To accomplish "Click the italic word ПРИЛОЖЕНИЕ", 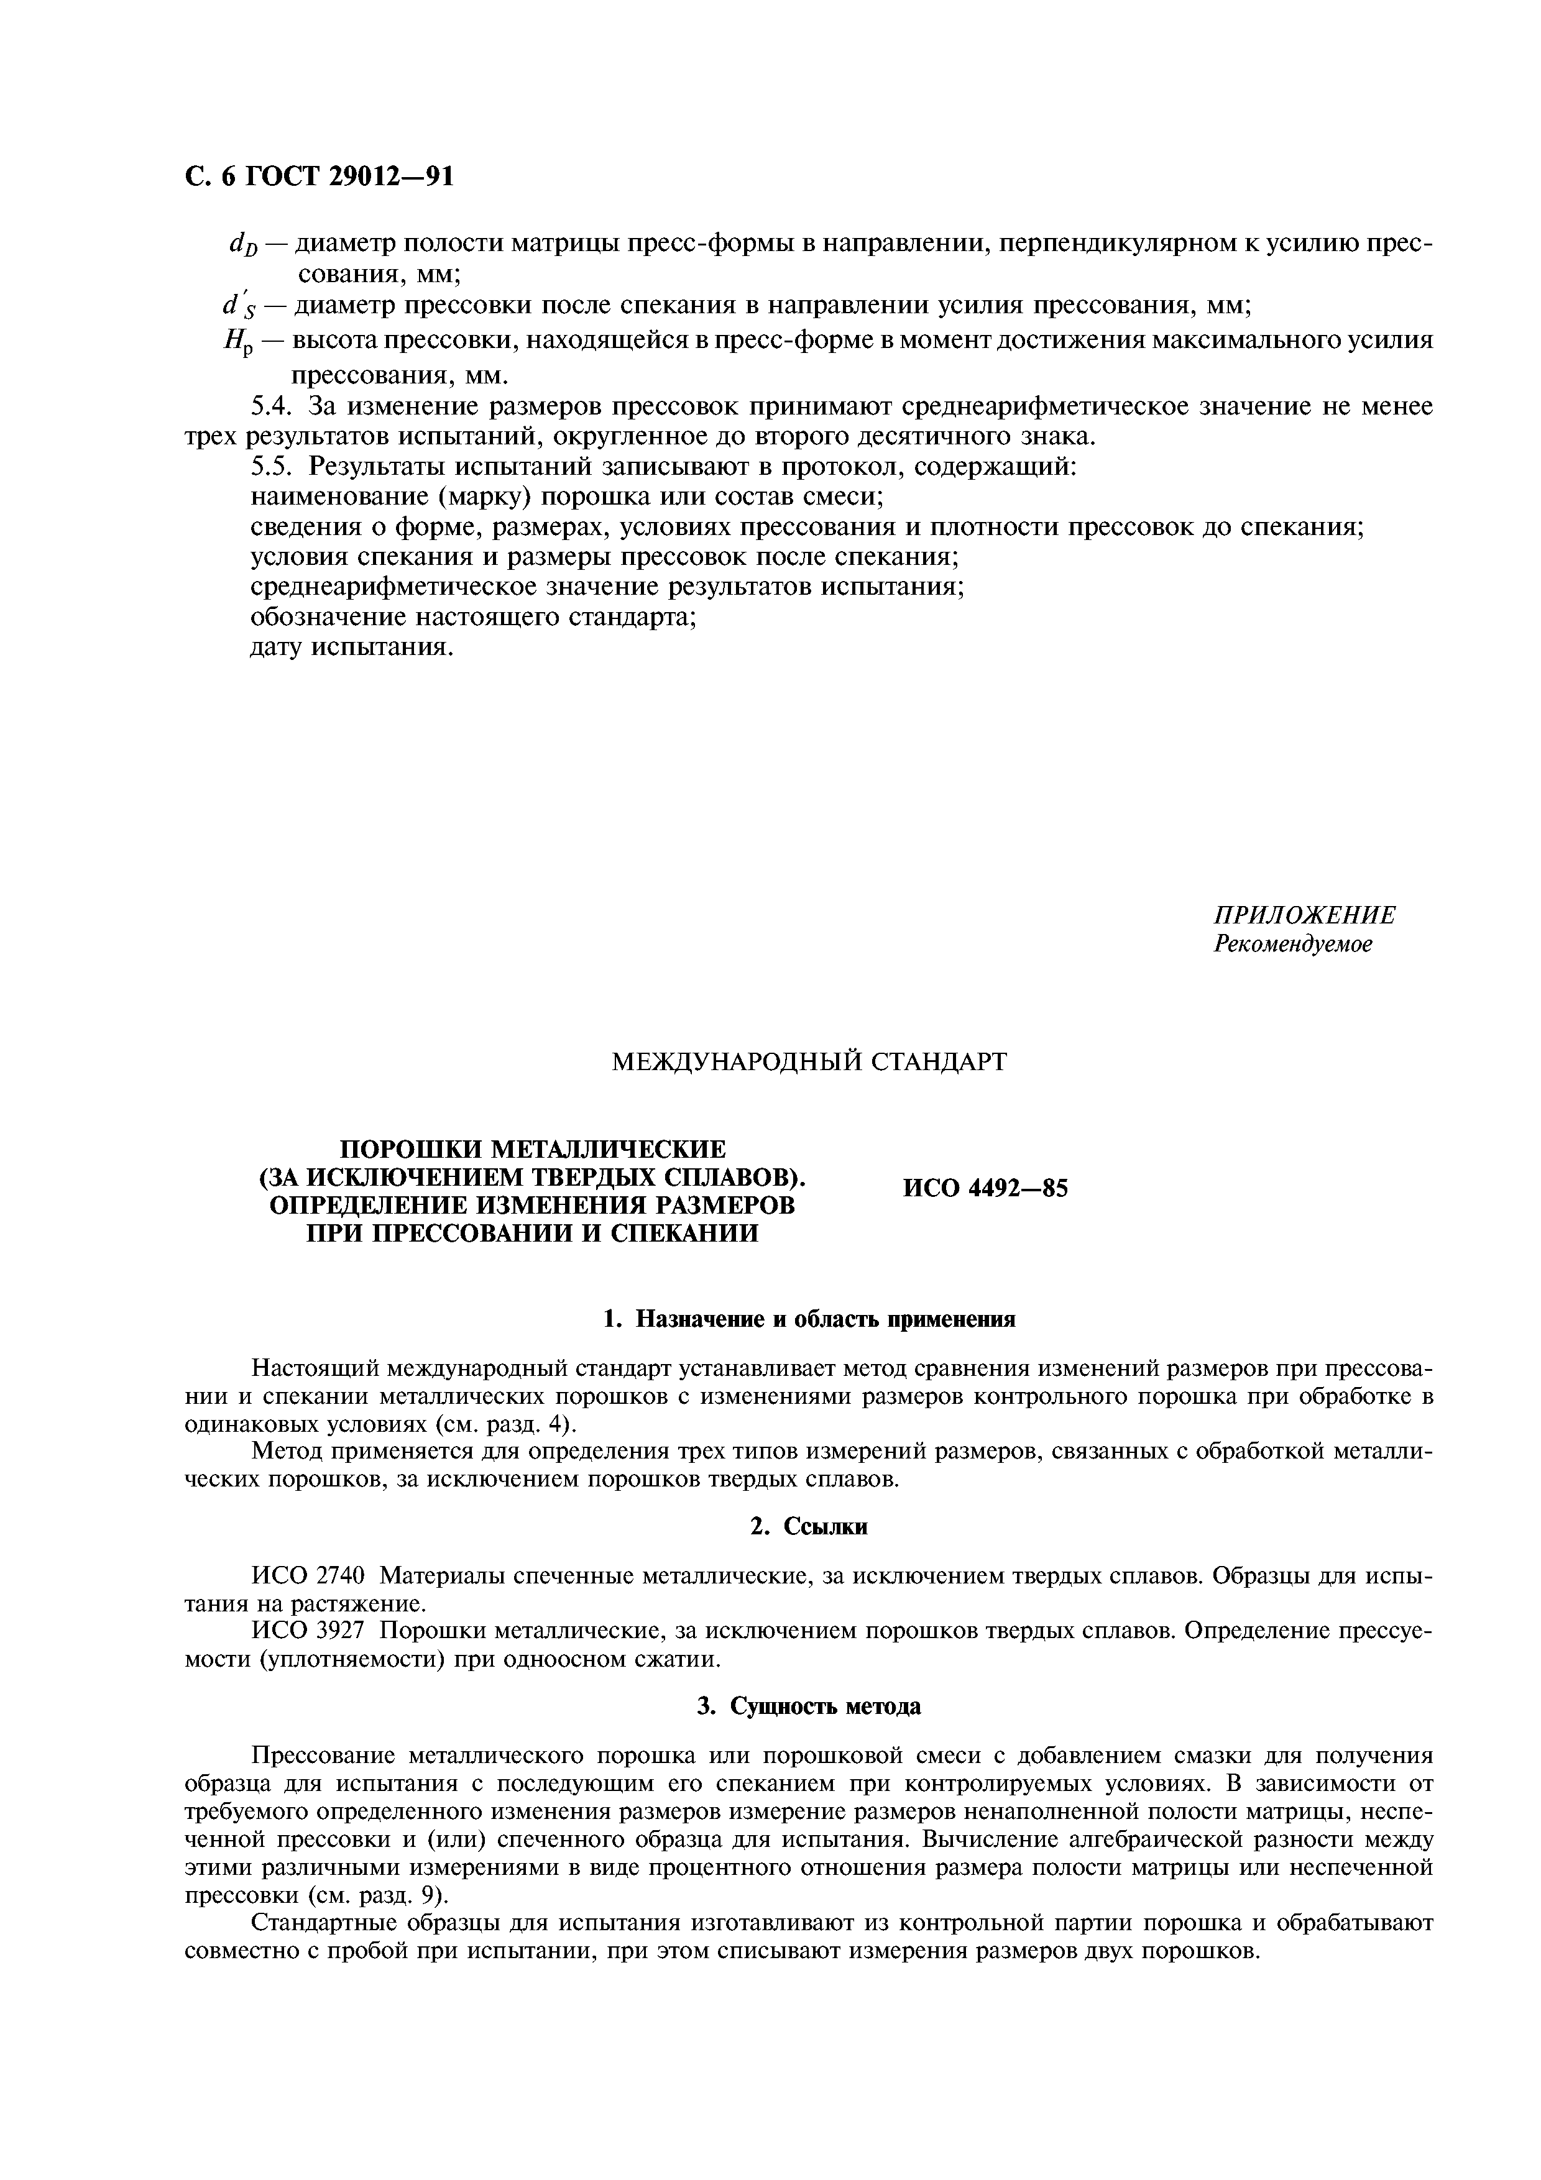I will [1305, 915].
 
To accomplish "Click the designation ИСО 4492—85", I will [985, 1188].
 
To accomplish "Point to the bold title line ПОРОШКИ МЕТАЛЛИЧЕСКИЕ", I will [533, 1149].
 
